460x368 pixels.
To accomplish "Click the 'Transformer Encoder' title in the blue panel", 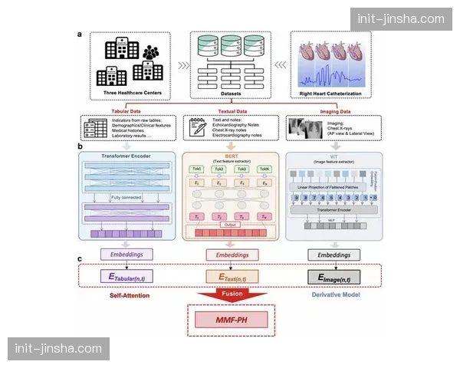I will [x=129, y=156].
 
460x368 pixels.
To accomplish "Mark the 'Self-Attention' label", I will [x=129, y=294].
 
